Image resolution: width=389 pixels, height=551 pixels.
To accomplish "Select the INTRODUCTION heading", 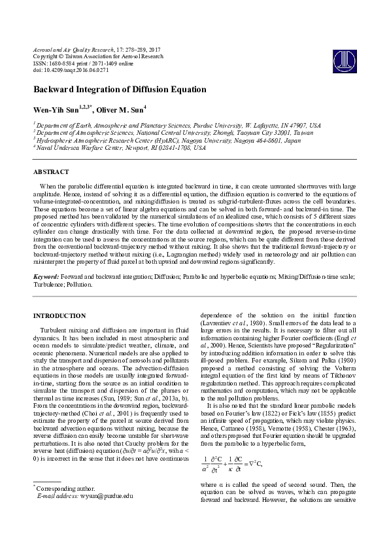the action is pyautogui.click(x=59, y=315).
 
